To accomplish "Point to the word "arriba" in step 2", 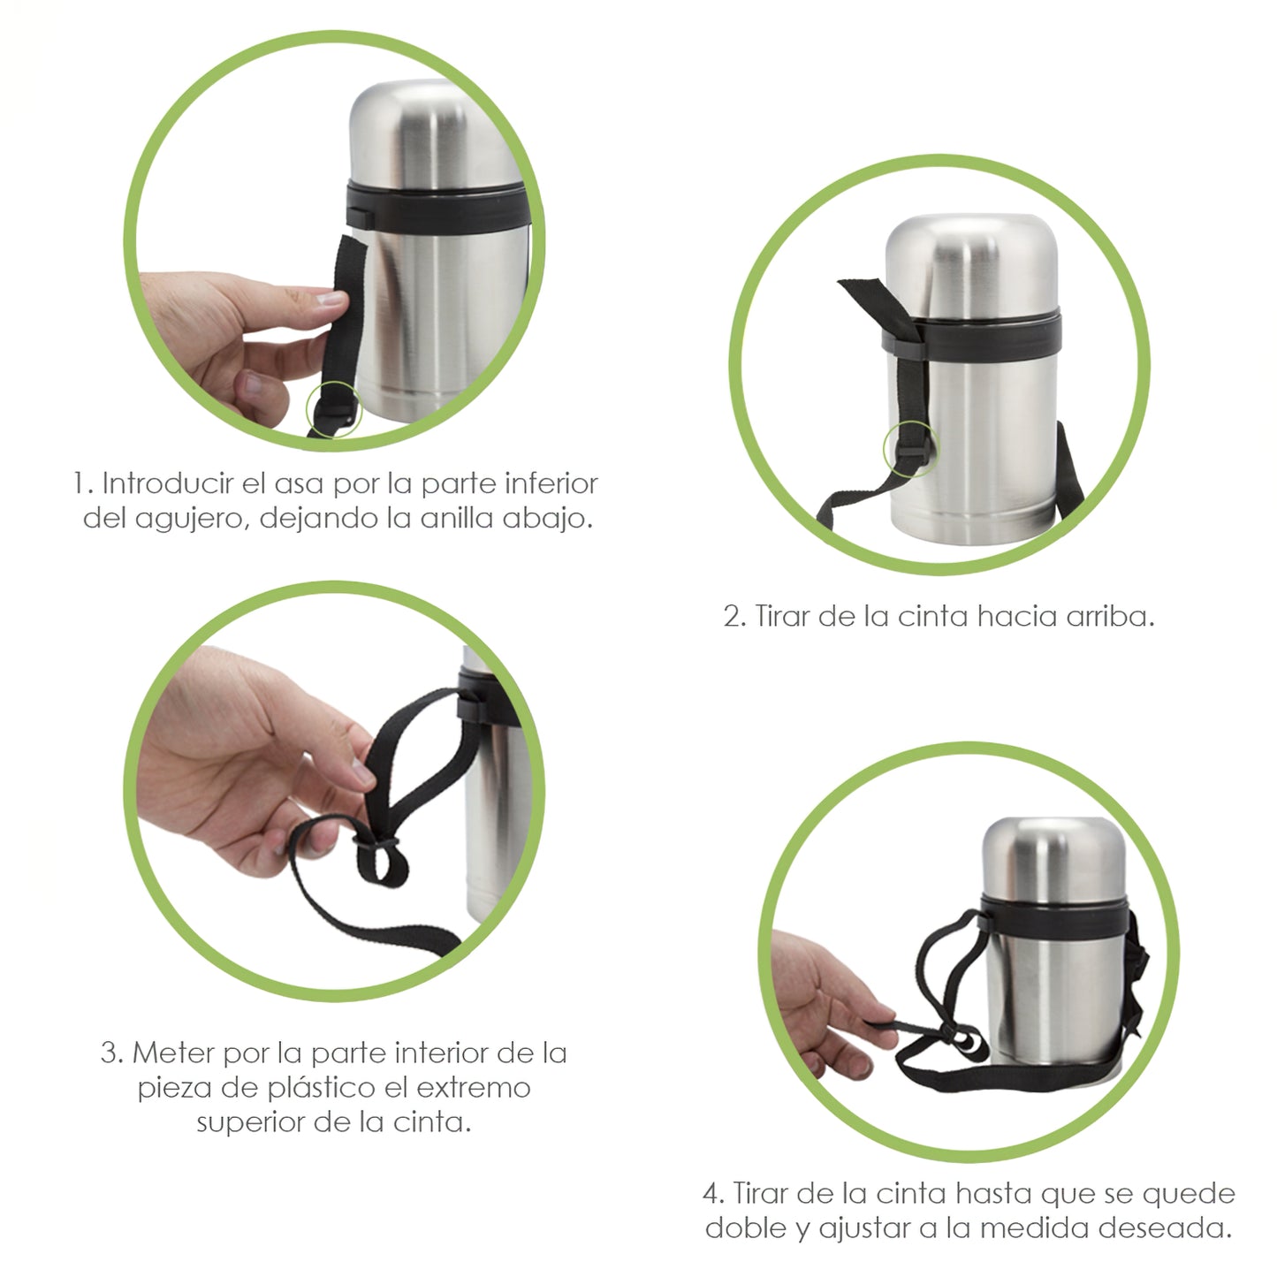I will pos(1109,617).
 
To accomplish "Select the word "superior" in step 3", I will pos(252,1123).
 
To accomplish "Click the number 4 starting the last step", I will pos(711,1195).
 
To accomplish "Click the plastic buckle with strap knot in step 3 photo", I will pos(377,848).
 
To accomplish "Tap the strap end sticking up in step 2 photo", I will pos(862,292).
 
